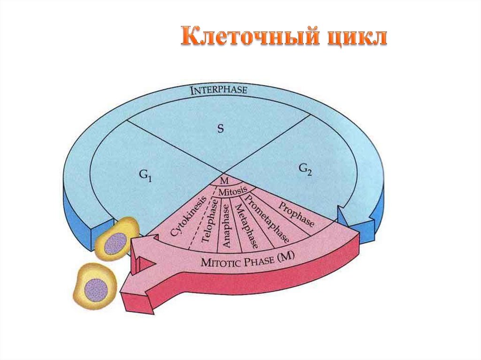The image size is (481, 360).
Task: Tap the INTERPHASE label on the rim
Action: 218,91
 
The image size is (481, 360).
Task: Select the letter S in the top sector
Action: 219,129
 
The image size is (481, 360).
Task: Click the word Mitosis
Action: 230,191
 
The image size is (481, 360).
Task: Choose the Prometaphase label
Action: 268,218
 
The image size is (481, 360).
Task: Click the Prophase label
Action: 296,214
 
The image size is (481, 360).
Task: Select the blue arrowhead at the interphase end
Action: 355,221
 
